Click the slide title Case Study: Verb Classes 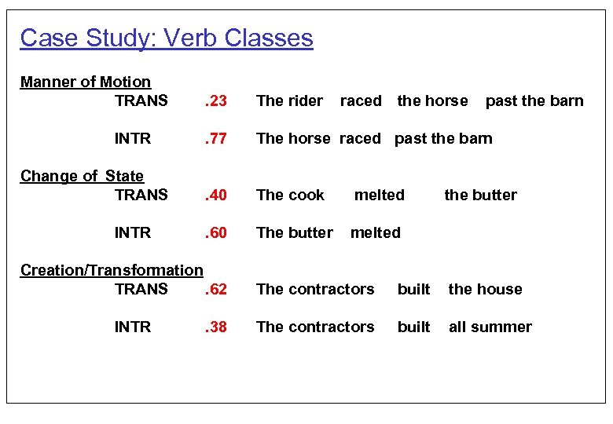(166, 38)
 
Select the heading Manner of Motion (85, 82)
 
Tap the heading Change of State (82, 176)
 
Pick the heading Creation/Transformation (112, 270)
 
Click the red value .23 (216, 101)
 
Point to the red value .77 (216, 138)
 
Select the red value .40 (216, 195)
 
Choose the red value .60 (216, 232)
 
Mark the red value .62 (216, 289)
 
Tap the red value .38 (216, 327)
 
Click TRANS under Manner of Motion (141, 101)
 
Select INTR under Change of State (133, 232)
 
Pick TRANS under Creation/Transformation (141, 289)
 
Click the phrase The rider (289, 101)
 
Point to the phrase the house (485, 289)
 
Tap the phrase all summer (490, 327)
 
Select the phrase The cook (290, 195)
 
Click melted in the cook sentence (380, 195)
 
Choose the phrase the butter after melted (480, 195)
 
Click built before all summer (413, 327)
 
